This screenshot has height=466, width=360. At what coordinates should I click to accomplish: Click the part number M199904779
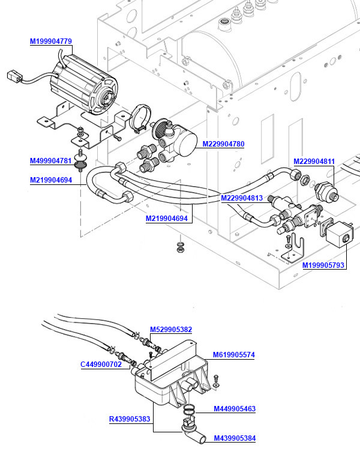tap(51, 41)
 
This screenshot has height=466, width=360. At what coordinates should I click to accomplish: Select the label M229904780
tap(223, 144)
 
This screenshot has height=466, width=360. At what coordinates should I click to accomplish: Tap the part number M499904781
tap(51, 161)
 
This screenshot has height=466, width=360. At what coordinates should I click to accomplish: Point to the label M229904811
tap(314, 161)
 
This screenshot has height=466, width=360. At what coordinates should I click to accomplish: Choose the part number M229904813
tap(242, 198)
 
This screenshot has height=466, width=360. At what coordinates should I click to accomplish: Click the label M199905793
tap(323, 265)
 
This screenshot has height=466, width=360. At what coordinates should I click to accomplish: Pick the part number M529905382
tap(171, 329)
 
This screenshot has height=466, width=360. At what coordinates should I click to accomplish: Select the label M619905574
tap(234, 355)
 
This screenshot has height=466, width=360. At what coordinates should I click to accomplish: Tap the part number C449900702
tap(101, 364)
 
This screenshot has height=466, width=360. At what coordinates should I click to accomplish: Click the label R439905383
tap(130, 419)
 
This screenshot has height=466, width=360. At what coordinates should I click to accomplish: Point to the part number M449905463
tap(235, 409)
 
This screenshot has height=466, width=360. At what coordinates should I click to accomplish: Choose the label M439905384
tap(235, 438)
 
